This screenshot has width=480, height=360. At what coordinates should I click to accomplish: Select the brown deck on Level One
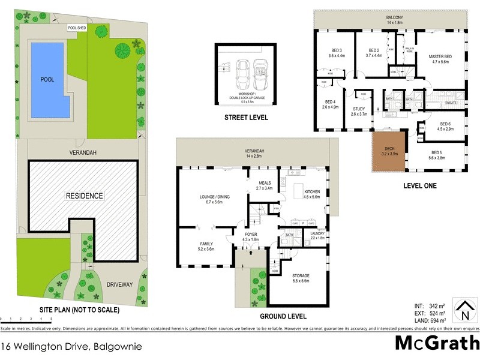click(x=389, y=152)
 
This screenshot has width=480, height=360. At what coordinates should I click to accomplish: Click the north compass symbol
click(x=463, y=310)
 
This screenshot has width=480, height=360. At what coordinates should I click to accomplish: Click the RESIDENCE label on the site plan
click(x=85, y=196)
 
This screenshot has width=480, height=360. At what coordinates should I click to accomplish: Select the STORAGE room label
click(x=301, y=276)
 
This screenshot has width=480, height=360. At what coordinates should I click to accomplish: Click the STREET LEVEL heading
click(x=246, y=118)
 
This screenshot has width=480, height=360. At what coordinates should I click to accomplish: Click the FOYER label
click(x=251, y=236)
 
